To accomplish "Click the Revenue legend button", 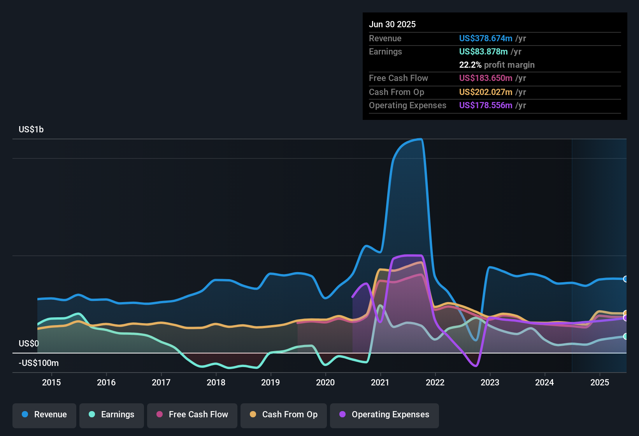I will (44, 415).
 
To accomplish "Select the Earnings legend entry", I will (112, 415).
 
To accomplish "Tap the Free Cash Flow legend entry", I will (192, 415).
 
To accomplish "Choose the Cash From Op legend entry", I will (284, 415).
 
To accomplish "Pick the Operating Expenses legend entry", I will (384, 415).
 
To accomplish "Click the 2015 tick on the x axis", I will (51, 382).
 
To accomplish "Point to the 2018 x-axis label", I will (216, 382).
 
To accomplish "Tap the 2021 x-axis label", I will (380, 382).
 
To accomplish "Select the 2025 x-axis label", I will (600, 382).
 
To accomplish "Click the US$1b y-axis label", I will (31, 129).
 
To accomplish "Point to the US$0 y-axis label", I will (29, 343).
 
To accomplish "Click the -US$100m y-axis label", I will (39, 363).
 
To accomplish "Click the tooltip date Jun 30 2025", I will (392, 24).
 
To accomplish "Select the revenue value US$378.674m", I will (486, 38).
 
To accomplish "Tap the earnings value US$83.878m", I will (483, 51).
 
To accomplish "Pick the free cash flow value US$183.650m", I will (486, 78).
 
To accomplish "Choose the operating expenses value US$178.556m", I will (486, 105).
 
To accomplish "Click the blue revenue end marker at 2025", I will (625, 279).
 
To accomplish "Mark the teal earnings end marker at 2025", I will (625, 336).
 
